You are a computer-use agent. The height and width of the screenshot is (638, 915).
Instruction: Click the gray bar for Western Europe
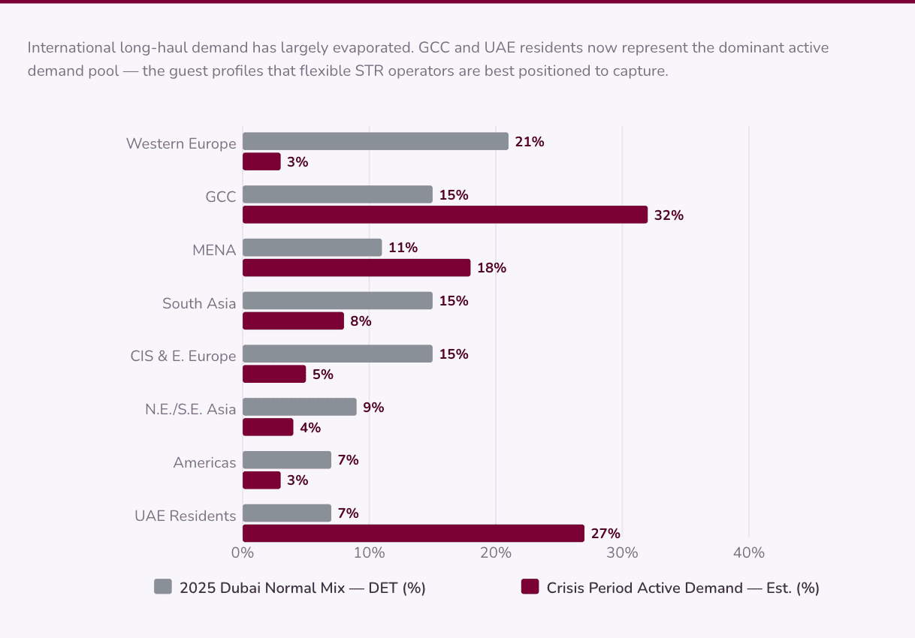point(375,141)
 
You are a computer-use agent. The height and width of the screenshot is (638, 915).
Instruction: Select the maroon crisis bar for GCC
point(445,215)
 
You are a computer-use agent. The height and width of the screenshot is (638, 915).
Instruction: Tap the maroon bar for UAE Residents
point(413,533)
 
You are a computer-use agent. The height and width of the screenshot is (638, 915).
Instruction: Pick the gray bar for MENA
point(312,248)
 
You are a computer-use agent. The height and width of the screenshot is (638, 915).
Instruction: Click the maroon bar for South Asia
point(293,321)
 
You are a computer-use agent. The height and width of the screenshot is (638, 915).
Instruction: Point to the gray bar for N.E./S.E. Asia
point(299,407)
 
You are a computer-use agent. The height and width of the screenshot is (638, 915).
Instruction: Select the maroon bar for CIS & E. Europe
point(274,374)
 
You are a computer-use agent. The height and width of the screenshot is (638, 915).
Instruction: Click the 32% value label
point(669,215)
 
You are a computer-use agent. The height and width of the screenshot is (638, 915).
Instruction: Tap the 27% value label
point(605,534)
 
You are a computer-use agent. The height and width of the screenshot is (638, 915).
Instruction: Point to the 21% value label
point(530,142)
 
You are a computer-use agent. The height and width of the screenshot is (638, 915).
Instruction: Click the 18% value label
point(491,268)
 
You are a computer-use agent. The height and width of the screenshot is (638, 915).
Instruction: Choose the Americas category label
point(204,462)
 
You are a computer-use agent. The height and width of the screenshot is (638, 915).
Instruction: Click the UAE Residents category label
point(185,516)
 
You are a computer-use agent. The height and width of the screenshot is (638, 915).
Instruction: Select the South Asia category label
point(199,303)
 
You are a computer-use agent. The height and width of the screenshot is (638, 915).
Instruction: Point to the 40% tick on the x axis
point(748,553)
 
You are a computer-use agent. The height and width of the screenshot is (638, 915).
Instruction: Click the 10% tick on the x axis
point(369,553)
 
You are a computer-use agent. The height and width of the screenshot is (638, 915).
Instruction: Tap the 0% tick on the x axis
point(243,553)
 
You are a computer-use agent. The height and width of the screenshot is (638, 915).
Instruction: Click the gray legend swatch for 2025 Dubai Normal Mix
point(163,587)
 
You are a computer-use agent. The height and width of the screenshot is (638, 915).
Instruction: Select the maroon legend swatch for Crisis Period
point(530,587)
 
